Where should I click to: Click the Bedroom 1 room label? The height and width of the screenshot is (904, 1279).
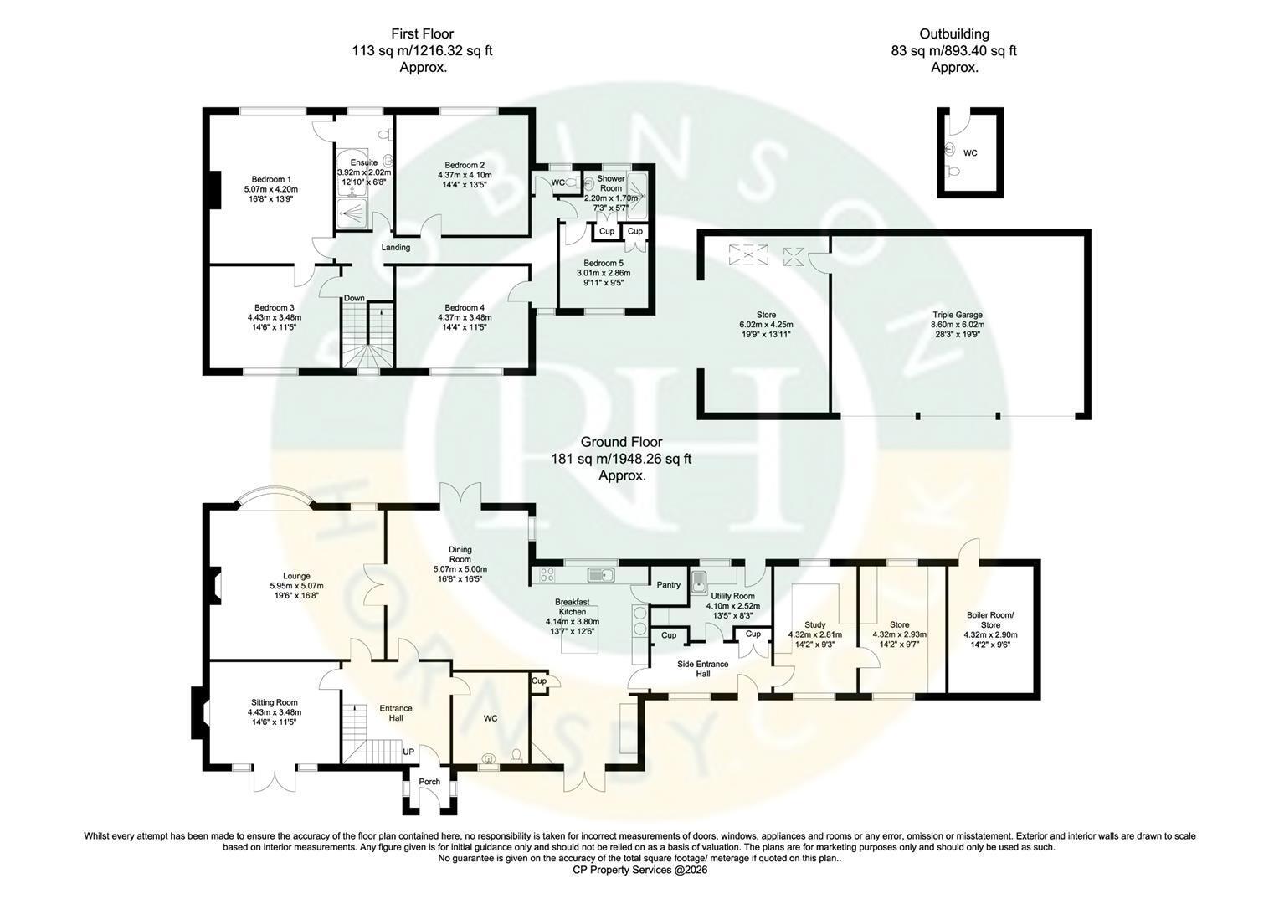271,179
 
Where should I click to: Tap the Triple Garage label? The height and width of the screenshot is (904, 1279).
958,315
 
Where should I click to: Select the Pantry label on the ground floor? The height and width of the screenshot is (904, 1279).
668,585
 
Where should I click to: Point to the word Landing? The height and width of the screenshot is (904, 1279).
396,247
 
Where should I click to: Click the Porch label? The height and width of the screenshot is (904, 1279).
429,782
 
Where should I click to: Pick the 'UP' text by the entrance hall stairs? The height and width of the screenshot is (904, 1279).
408,752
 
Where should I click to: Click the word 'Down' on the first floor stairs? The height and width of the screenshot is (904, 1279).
354,298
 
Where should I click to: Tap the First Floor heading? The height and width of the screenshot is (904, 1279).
422,33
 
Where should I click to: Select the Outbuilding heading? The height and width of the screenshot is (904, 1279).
954,33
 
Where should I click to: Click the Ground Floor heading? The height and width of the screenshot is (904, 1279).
621,442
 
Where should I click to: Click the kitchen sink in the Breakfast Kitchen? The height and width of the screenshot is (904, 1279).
600,574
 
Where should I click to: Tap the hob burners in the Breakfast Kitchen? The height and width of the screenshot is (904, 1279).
547,574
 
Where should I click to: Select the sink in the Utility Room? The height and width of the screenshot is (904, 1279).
699,581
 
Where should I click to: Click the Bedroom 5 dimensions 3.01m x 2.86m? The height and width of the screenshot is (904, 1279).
604,273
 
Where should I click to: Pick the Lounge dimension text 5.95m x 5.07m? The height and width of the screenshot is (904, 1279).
296,586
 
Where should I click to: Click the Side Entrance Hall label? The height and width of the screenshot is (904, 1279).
703,669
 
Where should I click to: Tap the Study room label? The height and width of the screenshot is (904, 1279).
814,624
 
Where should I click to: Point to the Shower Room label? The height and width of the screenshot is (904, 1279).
610,183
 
